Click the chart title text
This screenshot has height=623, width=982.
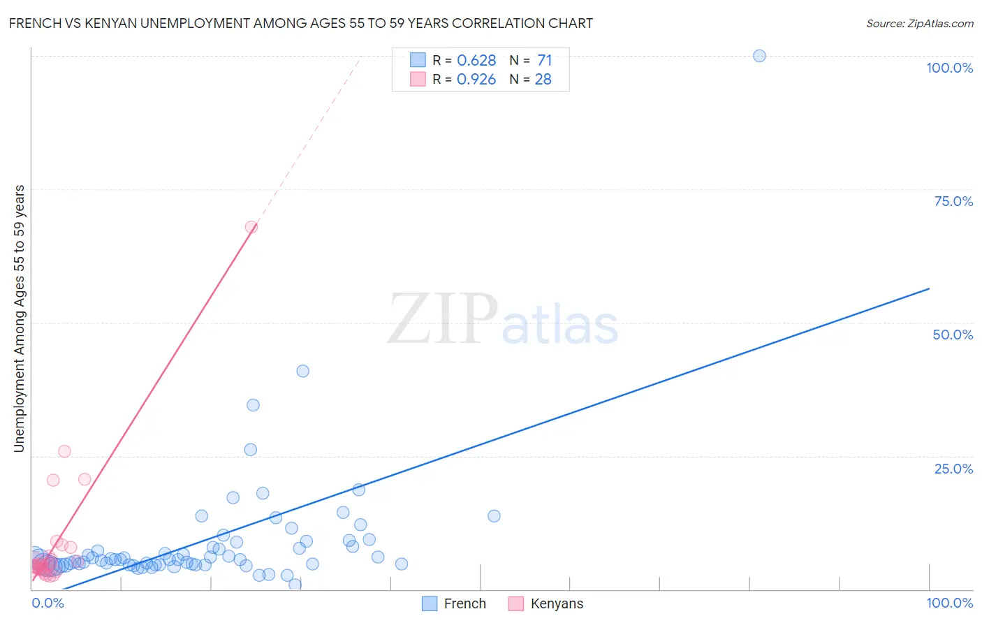301,23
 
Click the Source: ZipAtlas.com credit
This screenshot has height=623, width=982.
919,23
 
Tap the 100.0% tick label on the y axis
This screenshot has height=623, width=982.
949,68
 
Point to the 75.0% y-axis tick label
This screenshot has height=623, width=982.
953,201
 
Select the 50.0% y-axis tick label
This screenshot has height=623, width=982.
953,335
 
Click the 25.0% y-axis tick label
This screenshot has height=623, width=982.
953,469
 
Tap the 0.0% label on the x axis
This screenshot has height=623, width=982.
48,603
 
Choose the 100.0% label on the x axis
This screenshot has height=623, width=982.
949,603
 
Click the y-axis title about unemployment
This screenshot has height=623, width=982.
20,318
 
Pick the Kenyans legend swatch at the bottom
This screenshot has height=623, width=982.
516,603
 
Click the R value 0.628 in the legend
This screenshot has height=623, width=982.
476,60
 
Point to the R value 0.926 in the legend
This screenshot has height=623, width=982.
476,79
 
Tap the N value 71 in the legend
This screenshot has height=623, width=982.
544,60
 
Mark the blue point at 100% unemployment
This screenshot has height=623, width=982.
759,56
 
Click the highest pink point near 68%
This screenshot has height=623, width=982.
251,227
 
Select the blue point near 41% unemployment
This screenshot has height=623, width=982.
302,371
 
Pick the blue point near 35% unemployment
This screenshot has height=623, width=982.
253,405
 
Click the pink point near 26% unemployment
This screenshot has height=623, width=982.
64,451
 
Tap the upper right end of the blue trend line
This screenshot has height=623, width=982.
929,288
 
